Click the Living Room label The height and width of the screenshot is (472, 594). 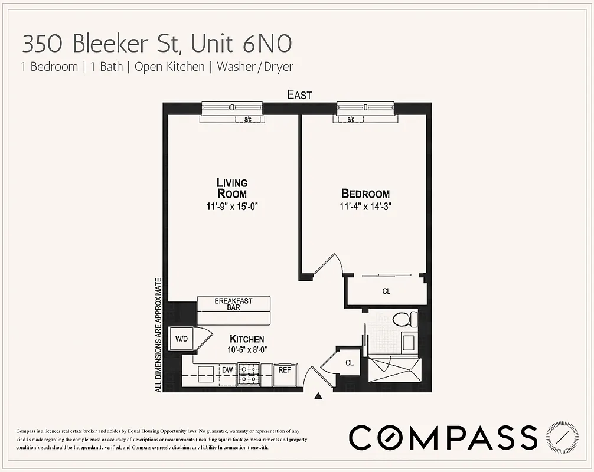[x=231, y=188]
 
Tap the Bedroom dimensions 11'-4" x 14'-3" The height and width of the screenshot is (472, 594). [x=365, y=206]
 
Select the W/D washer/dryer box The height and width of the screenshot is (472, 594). [x=181, y=339]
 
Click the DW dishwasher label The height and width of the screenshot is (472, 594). [x=227, y=370]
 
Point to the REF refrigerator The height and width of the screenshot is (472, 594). [x=285, y=370]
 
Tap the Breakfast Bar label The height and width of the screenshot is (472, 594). [x=233, y=304]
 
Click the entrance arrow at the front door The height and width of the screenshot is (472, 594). [x=318, y=396]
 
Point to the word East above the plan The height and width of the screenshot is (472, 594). [x=299, y=94]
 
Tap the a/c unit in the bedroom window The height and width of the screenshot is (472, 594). [x=351, y=120]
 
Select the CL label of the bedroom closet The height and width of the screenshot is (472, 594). [x=386, y=291]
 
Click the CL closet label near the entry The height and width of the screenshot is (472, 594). [x=350, y=363]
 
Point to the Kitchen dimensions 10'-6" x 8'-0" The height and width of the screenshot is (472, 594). [x=247, y=349]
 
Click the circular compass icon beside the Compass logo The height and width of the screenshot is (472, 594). [x=559, y=437]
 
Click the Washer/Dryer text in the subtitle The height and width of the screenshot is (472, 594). [x=255, y=67]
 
